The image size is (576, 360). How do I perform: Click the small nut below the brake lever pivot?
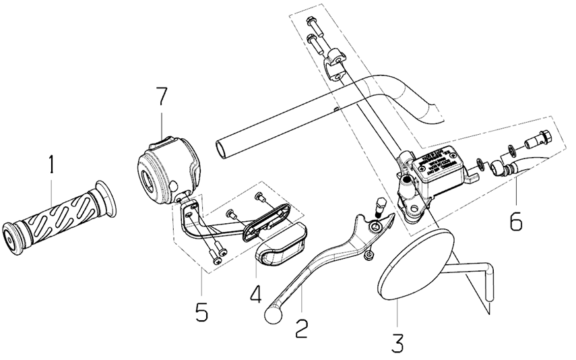coord(368,254)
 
